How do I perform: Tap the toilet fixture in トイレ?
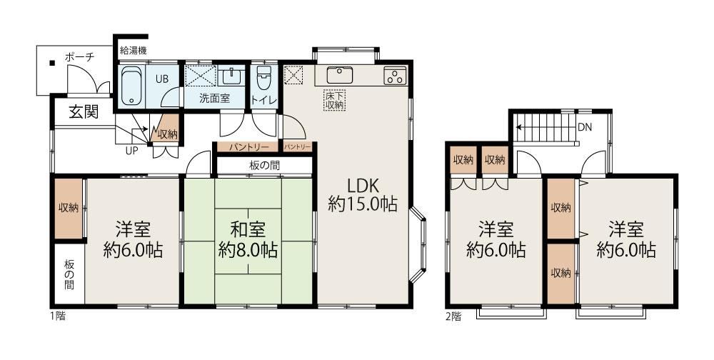click(264, 79)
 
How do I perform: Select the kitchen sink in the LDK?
click(339, 75)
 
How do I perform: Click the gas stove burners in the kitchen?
click(395, 76)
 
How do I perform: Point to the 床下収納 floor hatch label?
click(335, 99)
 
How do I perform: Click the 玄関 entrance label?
click(84, 111)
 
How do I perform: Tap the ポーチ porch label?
click(79, 57)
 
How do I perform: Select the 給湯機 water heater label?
click(133, 51)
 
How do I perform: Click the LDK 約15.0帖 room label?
click(363, 194)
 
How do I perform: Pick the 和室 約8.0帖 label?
click(248, 240)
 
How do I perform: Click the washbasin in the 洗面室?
click(233, 76)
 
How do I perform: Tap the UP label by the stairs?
click(131, 151)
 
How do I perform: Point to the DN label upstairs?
click(585, 128)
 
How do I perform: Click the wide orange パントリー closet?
click(246, 147)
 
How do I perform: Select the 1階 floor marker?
click(57, 315)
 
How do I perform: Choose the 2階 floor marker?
click(453, 316)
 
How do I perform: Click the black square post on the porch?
click(52, 63)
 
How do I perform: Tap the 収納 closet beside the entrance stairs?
click(166, 131)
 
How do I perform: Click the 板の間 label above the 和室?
click(265, 165)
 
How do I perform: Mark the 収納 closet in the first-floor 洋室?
click(69, 208)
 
